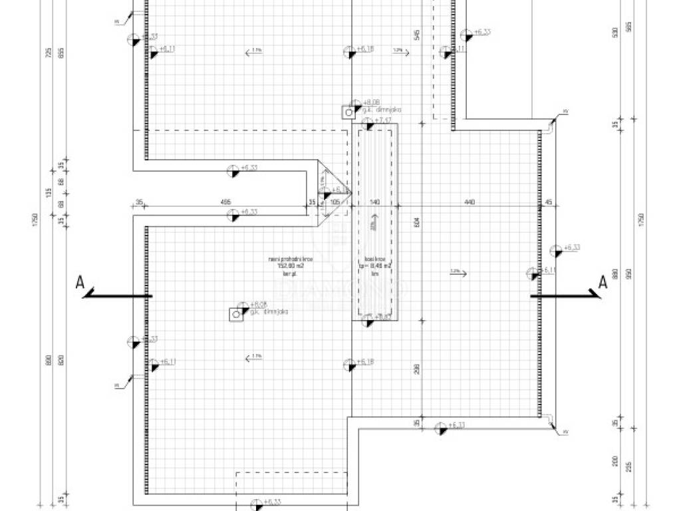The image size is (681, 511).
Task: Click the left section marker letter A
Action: point(80,282)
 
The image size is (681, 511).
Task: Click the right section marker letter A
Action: point(603,282)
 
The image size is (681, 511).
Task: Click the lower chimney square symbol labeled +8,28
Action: point(236,314)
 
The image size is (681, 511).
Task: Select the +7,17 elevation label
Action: point(383,120)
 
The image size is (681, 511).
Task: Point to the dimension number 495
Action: point(225,202)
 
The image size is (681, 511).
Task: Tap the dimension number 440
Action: point(470,202)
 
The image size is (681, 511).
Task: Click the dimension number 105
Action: point(335,202)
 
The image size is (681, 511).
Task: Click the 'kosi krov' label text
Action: point(375,260)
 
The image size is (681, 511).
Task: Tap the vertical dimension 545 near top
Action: point(417,35)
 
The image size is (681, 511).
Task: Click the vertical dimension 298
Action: point(417,369)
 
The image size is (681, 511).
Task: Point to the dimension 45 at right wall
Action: point(549,202)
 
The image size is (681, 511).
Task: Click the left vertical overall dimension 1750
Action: point(35,220)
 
